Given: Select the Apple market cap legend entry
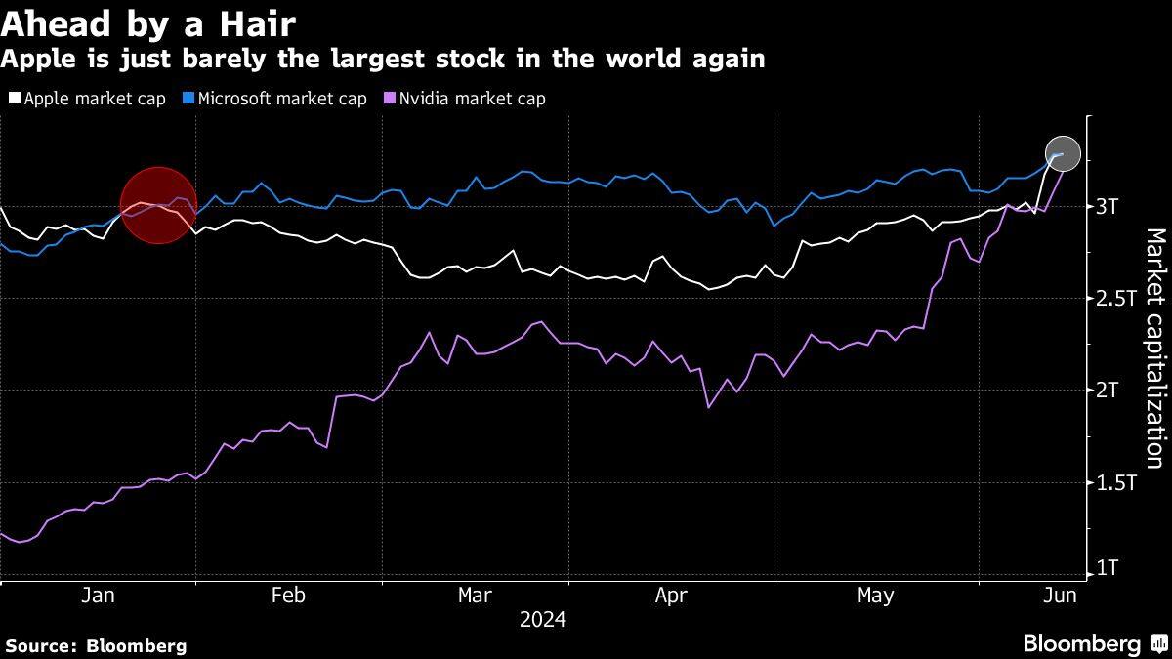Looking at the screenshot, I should click(87, 99).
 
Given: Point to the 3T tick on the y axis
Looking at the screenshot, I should click(1109, 206).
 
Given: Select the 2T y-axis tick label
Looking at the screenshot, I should click(1109, 391).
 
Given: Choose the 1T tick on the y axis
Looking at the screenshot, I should click(1109, 568).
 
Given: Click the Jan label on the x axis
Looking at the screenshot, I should click(99, 596).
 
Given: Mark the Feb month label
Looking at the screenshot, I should click(289, 596).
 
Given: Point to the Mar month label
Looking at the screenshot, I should click(476, 596).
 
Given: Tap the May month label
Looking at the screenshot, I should click(874, 596).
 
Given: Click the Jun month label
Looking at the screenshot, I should click(1060, 596).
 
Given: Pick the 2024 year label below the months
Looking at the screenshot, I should click(543, 620).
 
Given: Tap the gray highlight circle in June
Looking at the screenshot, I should click(1063, 154).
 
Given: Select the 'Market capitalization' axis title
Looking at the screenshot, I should click(1155, 349).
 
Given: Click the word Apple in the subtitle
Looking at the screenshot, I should click(35, 60).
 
